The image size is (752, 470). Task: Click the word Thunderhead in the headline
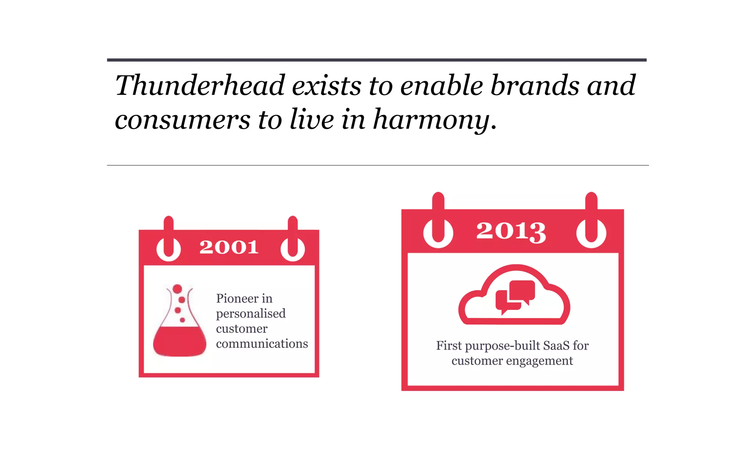point(200,86)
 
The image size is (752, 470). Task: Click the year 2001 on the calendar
point(229,247)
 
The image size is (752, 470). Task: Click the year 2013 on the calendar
point(511,231)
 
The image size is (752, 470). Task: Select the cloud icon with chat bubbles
point(514,296)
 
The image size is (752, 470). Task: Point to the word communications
point(262,344)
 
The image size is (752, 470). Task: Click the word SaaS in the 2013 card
point(556,346)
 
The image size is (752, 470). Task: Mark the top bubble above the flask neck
point(177,289)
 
